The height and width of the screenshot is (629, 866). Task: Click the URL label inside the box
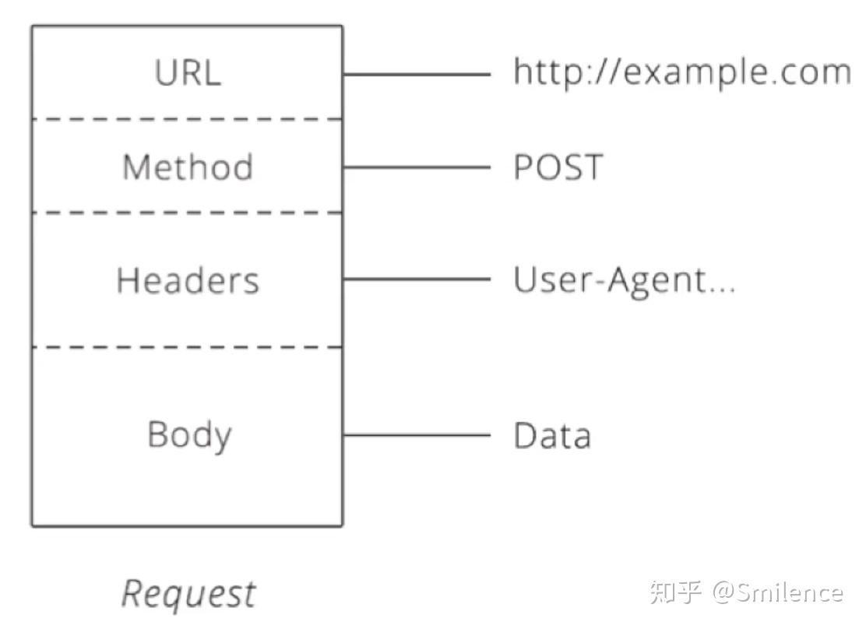coord(188,73)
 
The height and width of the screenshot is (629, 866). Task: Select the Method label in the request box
coord(188,167)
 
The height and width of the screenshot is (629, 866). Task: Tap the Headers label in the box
coord(188,280)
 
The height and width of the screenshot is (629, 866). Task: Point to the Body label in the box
coord(189,434)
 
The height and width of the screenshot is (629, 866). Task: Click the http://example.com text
coord(681,72)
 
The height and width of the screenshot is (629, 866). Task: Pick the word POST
coord(558,167)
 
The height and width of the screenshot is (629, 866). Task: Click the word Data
coord(552,435)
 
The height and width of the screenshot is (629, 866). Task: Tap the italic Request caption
coord(188,594)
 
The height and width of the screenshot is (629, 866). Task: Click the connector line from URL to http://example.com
coord(417,75)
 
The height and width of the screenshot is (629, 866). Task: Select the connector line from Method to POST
coord(417,167)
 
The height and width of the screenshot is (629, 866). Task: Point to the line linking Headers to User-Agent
coord(417,279)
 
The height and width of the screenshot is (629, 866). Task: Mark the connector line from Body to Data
coord(417,435)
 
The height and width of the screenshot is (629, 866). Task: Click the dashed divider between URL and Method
coord(187,119)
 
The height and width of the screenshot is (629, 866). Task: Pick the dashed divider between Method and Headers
coord(187,213)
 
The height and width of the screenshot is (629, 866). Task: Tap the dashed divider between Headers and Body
coord(187,347)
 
